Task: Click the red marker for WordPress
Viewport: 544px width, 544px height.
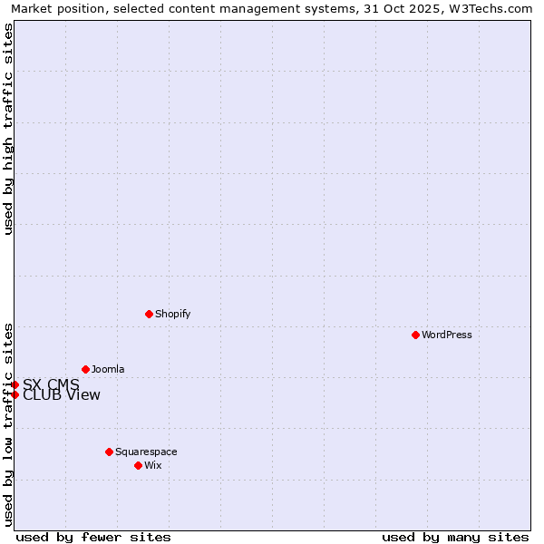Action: point(415,335)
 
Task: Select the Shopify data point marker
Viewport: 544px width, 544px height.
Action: point(149,314)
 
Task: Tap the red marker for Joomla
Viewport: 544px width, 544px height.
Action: point(85,369)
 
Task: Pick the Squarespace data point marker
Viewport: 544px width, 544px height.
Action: point(109,452)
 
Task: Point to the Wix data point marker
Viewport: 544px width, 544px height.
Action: point(138,465)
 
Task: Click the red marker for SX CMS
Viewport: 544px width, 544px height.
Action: point(15,384)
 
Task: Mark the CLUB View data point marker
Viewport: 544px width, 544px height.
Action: point(15,394)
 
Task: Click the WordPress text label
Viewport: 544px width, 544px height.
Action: point(447,335)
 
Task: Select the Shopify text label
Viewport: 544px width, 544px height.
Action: point(172,314)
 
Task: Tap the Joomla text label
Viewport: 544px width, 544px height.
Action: point(108,369)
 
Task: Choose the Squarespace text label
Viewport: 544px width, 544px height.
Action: point(146,452)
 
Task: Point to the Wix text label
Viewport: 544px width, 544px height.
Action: point(152,465)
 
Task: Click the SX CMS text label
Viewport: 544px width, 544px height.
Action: point(51,384)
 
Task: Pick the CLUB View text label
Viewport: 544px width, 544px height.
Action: point(62,394)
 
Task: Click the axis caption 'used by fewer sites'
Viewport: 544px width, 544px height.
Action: point(93,537)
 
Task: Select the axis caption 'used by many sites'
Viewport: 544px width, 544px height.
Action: point(455,537)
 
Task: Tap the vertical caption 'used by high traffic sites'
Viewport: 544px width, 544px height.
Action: point(8,129)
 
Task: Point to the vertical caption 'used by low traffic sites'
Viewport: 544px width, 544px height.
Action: point(8,423)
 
